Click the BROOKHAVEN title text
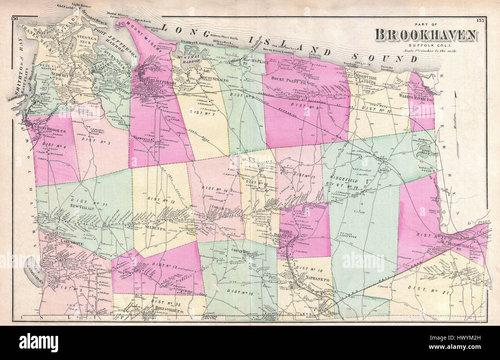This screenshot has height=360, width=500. (426, 35)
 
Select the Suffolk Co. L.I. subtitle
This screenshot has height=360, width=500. (426, 45)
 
